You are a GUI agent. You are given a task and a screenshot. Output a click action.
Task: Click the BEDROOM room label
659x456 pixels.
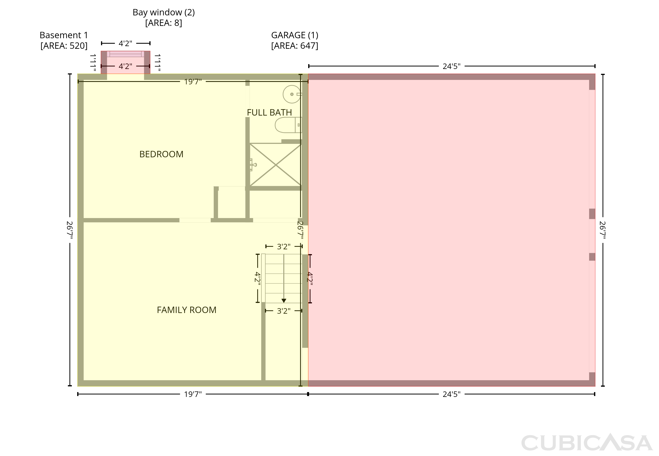click(x=161, y=154)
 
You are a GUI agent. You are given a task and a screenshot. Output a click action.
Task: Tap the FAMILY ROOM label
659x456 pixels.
click(x=186, y=310)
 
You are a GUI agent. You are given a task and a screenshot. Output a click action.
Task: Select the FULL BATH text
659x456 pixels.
click(x=269, y=112)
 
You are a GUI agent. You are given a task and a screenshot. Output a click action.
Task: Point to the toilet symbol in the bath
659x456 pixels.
click(x=288, y=125)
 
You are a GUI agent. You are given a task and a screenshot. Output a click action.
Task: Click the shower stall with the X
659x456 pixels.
click(x=276, y=165)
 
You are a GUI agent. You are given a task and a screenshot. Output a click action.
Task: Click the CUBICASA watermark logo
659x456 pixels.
click(x=587, y=443)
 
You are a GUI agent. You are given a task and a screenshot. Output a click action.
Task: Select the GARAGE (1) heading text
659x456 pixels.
click(x=295, y=35)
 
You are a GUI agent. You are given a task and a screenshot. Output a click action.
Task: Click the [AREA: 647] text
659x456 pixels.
click(x=295, y=46)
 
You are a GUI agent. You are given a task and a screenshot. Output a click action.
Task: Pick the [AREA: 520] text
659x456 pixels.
click(x=64, y=46)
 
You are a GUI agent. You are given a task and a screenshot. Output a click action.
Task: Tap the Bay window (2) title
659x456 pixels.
click(x=164, y=12)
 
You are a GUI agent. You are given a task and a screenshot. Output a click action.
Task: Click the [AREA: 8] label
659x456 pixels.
click(x=164, y=23)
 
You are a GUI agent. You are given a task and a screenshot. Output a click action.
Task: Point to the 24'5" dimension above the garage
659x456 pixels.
click(x=452, y=66)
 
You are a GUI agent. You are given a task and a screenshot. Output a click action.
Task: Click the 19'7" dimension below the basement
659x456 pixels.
click(x=193, y=394)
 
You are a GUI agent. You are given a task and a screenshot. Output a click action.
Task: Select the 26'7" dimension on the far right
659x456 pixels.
click(x=603, y=230)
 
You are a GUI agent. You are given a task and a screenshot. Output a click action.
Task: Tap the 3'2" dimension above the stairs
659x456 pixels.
click(x=284, y=246)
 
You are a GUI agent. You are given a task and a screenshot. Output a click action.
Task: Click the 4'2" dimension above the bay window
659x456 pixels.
click(x=125, y=43)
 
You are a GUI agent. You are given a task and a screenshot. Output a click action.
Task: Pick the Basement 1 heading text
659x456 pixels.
click(x=64, y=35)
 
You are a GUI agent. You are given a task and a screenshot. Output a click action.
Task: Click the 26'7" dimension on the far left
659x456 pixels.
click(x=70, y=230)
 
